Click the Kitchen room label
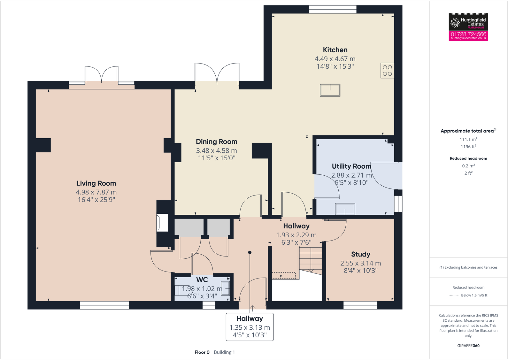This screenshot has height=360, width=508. (x=335, y=50)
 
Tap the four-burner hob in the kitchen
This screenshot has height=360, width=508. (x=387, y=71)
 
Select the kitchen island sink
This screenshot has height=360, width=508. (x=330, y=90)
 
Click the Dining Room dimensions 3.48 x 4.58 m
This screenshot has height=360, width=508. (x=216, y=150)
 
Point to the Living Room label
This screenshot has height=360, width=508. (x=96, y=183)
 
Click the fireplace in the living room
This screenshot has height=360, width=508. (x=162, y=223)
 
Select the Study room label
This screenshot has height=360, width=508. (x=360, y=254)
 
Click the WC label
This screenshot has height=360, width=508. (x=202, y=280)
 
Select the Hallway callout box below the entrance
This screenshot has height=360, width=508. (x=250, y=327)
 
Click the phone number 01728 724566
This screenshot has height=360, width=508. (x=468, y=34)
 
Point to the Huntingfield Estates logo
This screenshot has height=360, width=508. (x=468, y=22)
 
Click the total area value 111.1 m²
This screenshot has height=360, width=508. (x=468, y=139)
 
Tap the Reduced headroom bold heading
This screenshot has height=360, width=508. (x=468, y=158)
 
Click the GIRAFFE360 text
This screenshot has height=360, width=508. (x=468, y=346)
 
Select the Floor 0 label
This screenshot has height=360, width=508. (x=202, y=352)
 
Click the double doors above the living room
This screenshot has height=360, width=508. (x=102, y=75)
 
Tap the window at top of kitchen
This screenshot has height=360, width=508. (x=332, y=9)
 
